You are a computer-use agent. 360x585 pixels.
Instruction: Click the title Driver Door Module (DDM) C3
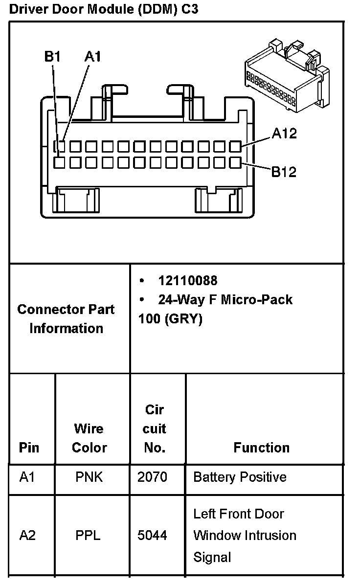point(104,9)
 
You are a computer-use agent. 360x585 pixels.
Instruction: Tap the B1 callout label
point(52,57)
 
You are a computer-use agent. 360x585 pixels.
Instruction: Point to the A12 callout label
point(284,134)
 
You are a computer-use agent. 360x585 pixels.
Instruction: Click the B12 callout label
point(284,172)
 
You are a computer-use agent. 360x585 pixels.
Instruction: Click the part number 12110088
point(187,281)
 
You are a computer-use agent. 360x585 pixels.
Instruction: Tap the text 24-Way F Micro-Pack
point(225,299)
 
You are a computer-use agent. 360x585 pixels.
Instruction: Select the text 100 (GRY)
point(170,318)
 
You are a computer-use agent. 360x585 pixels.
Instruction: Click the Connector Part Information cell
point(66,318)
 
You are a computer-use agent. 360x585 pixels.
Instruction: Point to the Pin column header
point(29,448)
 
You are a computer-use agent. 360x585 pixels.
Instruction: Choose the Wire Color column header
point(89,438)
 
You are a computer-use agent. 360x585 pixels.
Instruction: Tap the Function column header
point(261,448)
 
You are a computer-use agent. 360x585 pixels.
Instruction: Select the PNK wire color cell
point(89,477)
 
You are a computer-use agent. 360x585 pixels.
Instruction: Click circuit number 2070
point(152,477)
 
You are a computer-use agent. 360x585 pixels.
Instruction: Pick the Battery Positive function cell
point(240,477)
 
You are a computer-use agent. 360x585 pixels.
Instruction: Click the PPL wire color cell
point(88,535)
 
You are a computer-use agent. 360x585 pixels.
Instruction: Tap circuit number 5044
point(152,535)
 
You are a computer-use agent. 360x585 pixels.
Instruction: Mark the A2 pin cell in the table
point(27,535)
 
